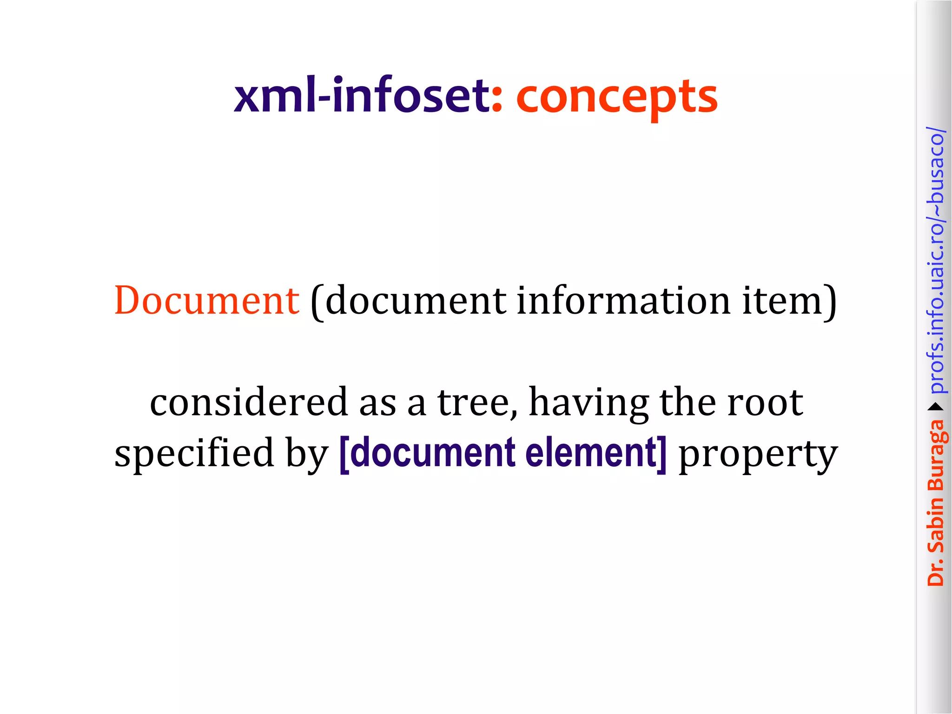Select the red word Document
pyautogui.click(x=206, y=301)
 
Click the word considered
pyautogui.click(x=249, y=402)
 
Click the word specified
pyautogui.click(x=194, y=453)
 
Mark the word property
pyautogui.click(x=758, y=456)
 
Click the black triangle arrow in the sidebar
pyautogui.click(x=936, y=407)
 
